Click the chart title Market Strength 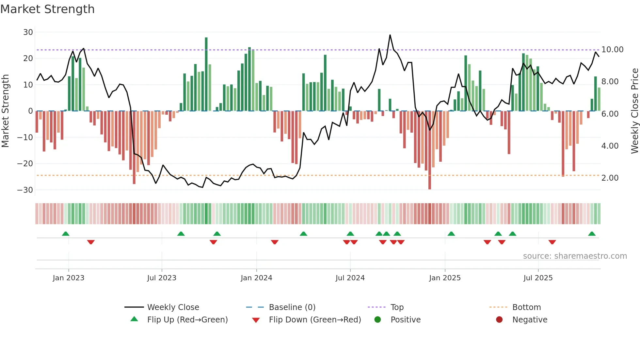click(47, 9)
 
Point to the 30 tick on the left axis click(28, 32)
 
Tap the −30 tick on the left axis click(25, 190)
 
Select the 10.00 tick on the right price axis click(612, 50)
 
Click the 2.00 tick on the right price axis click(610, 178)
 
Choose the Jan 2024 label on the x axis click(256, 278)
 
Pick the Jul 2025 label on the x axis click(538, 278)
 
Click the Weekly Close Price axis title click(634, 111)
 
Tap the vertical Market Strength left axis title click(6, 111)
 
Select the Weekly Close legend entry click(173, 307)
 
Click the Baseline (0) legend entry click(292, 307)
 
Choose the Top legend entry click(397, 307)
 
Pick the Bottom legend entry click(526, 307)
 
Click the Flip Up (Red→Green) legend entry click(187, 320)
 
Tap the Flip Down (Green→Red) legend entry click(315, 320)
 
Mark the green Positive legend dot click(377, 319)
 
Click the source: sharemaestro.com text click(575, 256)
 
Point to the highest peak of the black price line click(390, 35)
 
